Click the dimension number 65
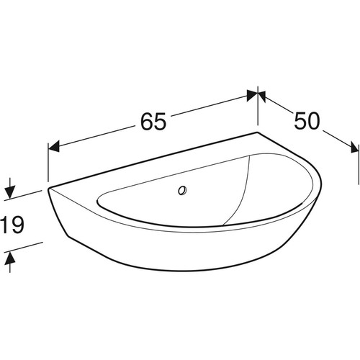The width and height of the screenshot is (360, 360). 153,121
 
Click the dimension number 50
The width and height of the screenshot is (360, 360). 307,120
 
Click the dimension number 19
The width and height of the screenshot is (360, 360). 12,225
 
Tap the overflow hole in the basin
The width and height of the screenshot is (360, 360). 182,191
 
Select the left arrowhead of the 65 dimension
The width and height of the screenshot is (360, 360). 54,146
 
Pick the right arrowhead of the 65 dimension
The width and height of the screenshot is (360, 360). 253,95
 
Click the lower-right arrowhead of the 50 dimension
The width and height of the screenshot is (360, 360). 354,147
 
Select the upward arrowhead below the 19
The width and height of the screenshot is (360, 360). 10,258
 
